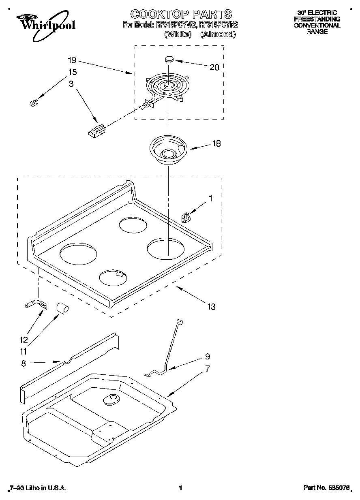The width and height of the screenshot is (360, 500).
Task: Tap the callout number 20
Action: pyautogui.click(x=214, y=67)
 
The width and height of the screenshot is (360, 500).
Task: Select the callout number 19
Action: pyautogui.click(x=72, y=60)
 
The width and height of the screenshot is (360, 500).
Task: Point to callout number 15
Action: pyautogui.click(x=72, y=73)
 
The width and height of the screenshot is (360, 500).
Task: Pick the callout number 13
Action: pyautogui.click(x=211, y=307)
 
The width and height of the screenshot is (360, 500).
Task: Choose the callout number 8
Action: pyautogui.click(x=24, y=363)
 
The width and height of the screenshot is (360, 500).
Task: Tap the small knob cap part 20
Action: pyautogui.click(x=169, y=59)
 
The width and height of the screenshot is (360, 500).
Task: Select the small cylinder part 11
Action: pyautogui.click(x=62, y=308)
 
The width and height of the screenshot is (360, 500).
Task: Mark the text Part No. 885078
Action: pyautogui.click(x=326, y=488)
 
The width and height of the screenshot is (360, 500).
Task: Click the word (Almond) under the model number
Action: pyautogui.click(x=218, y=34)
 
